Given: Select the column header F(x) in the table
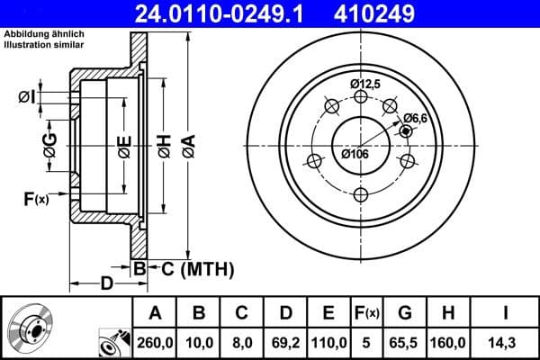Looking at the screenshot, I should [367, 312].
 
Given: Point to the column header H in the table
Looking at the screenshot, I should [448, 312].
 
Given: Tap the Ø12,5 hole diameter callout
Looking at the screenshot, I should [365, 84].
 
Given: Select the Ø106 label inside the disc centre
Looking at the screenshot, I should [355, 153].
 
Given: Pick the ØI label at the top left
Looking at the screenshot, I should [27, 96].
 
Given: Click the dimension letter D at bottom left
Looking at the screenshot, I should [105, 285].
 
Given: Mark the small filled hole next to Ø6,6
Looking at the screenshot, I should [405, 131].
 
